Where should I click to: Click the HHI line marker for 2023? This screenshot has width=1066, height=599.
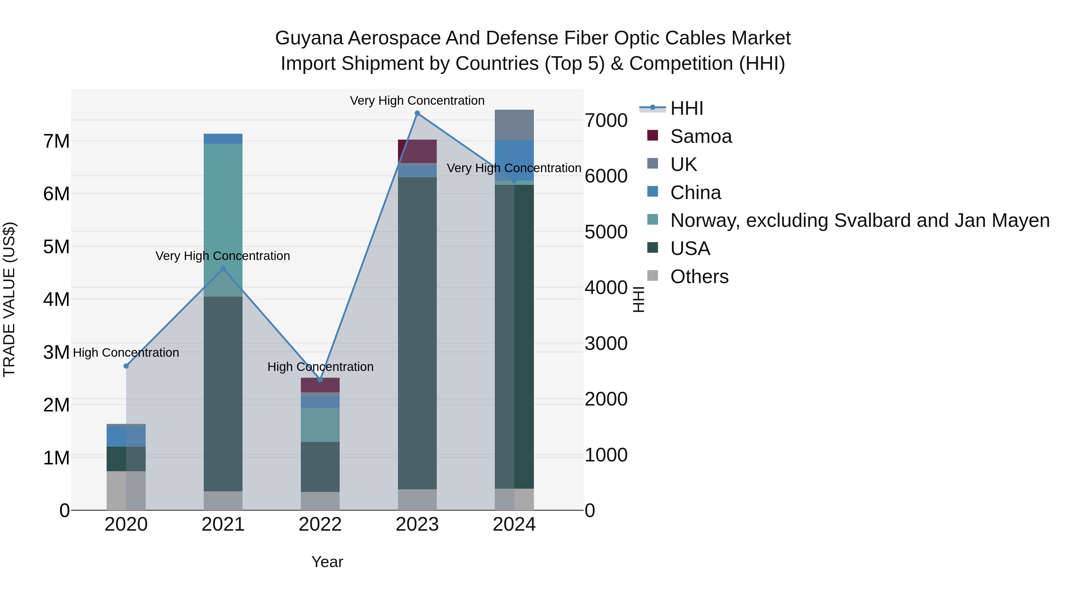click(x=417, y=113)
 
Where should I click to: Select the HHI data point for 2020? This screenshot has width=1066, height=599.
click(x=126, y=366)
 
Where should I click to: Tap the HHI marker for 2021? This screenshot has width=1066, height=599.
click(x=223, y=269)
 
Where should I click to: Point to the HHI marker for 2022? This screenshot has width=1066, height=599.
click(x=320, y=380)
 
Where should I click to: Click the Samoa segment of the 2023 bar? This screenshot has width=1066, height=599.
click(x=417, y=151)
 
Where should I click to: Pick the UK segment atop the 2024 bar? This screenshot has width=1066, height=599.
click(x=514, y=125)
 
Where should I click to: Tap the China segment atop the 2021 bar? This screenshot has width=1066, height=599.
click(x=223, y=138)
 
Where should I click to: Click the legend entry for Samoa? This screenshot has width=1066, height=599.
click(x=701, y=136)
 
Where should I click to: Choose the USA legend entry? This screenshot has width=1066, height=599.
click(x=690, y=248)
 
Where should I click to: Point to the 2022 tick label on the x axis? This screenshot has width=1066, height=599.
click(x=320, y=524)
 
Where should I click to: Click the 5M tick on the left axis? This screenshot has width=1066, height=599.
click(x=56, y=247)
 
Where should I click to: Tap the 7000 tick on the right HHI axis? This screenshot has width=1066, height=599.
click(x=606, y=121)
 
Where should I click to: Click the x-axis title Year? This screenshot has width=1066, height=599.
click(x=327, y=562)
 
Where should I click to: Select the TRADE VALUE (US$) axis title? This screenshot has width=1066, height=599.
click(x=9, y=299)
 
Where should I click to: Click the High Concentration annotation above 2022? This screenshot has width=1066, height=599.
click(x=320, y=367)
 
